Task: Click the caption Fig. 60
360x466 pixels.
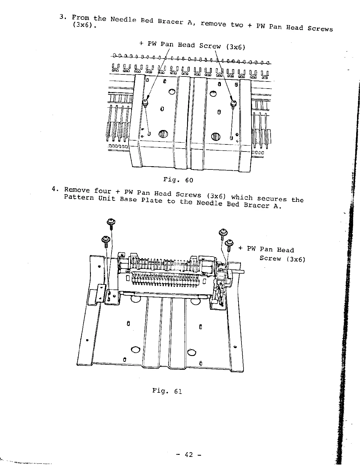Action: pos(178,179)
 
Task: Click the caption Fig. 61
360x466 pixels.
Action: pos(167,391)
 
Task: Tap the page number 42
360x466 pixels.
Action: pos(189,455)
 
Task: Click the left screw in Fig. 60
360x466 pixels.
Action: pos(145,102)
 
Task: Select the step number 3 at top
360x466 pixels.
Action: pos(62,16)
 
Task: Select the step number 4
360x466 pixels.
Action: pos(54,189)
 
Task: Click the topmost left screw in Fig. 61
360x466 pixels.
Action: pos(111,222)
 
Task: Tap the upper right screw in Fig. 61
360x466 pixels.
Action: pos(223,233)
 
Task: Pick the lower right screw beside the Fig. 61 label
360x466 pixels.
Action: pos(229,243)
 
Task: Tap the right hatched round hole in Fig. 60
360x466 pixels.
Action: pos(216,137)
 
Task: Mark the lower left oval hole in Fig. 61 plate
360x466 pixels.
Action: pos(135,349)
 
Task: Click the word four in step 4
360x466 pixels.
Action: pos(103,191)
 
